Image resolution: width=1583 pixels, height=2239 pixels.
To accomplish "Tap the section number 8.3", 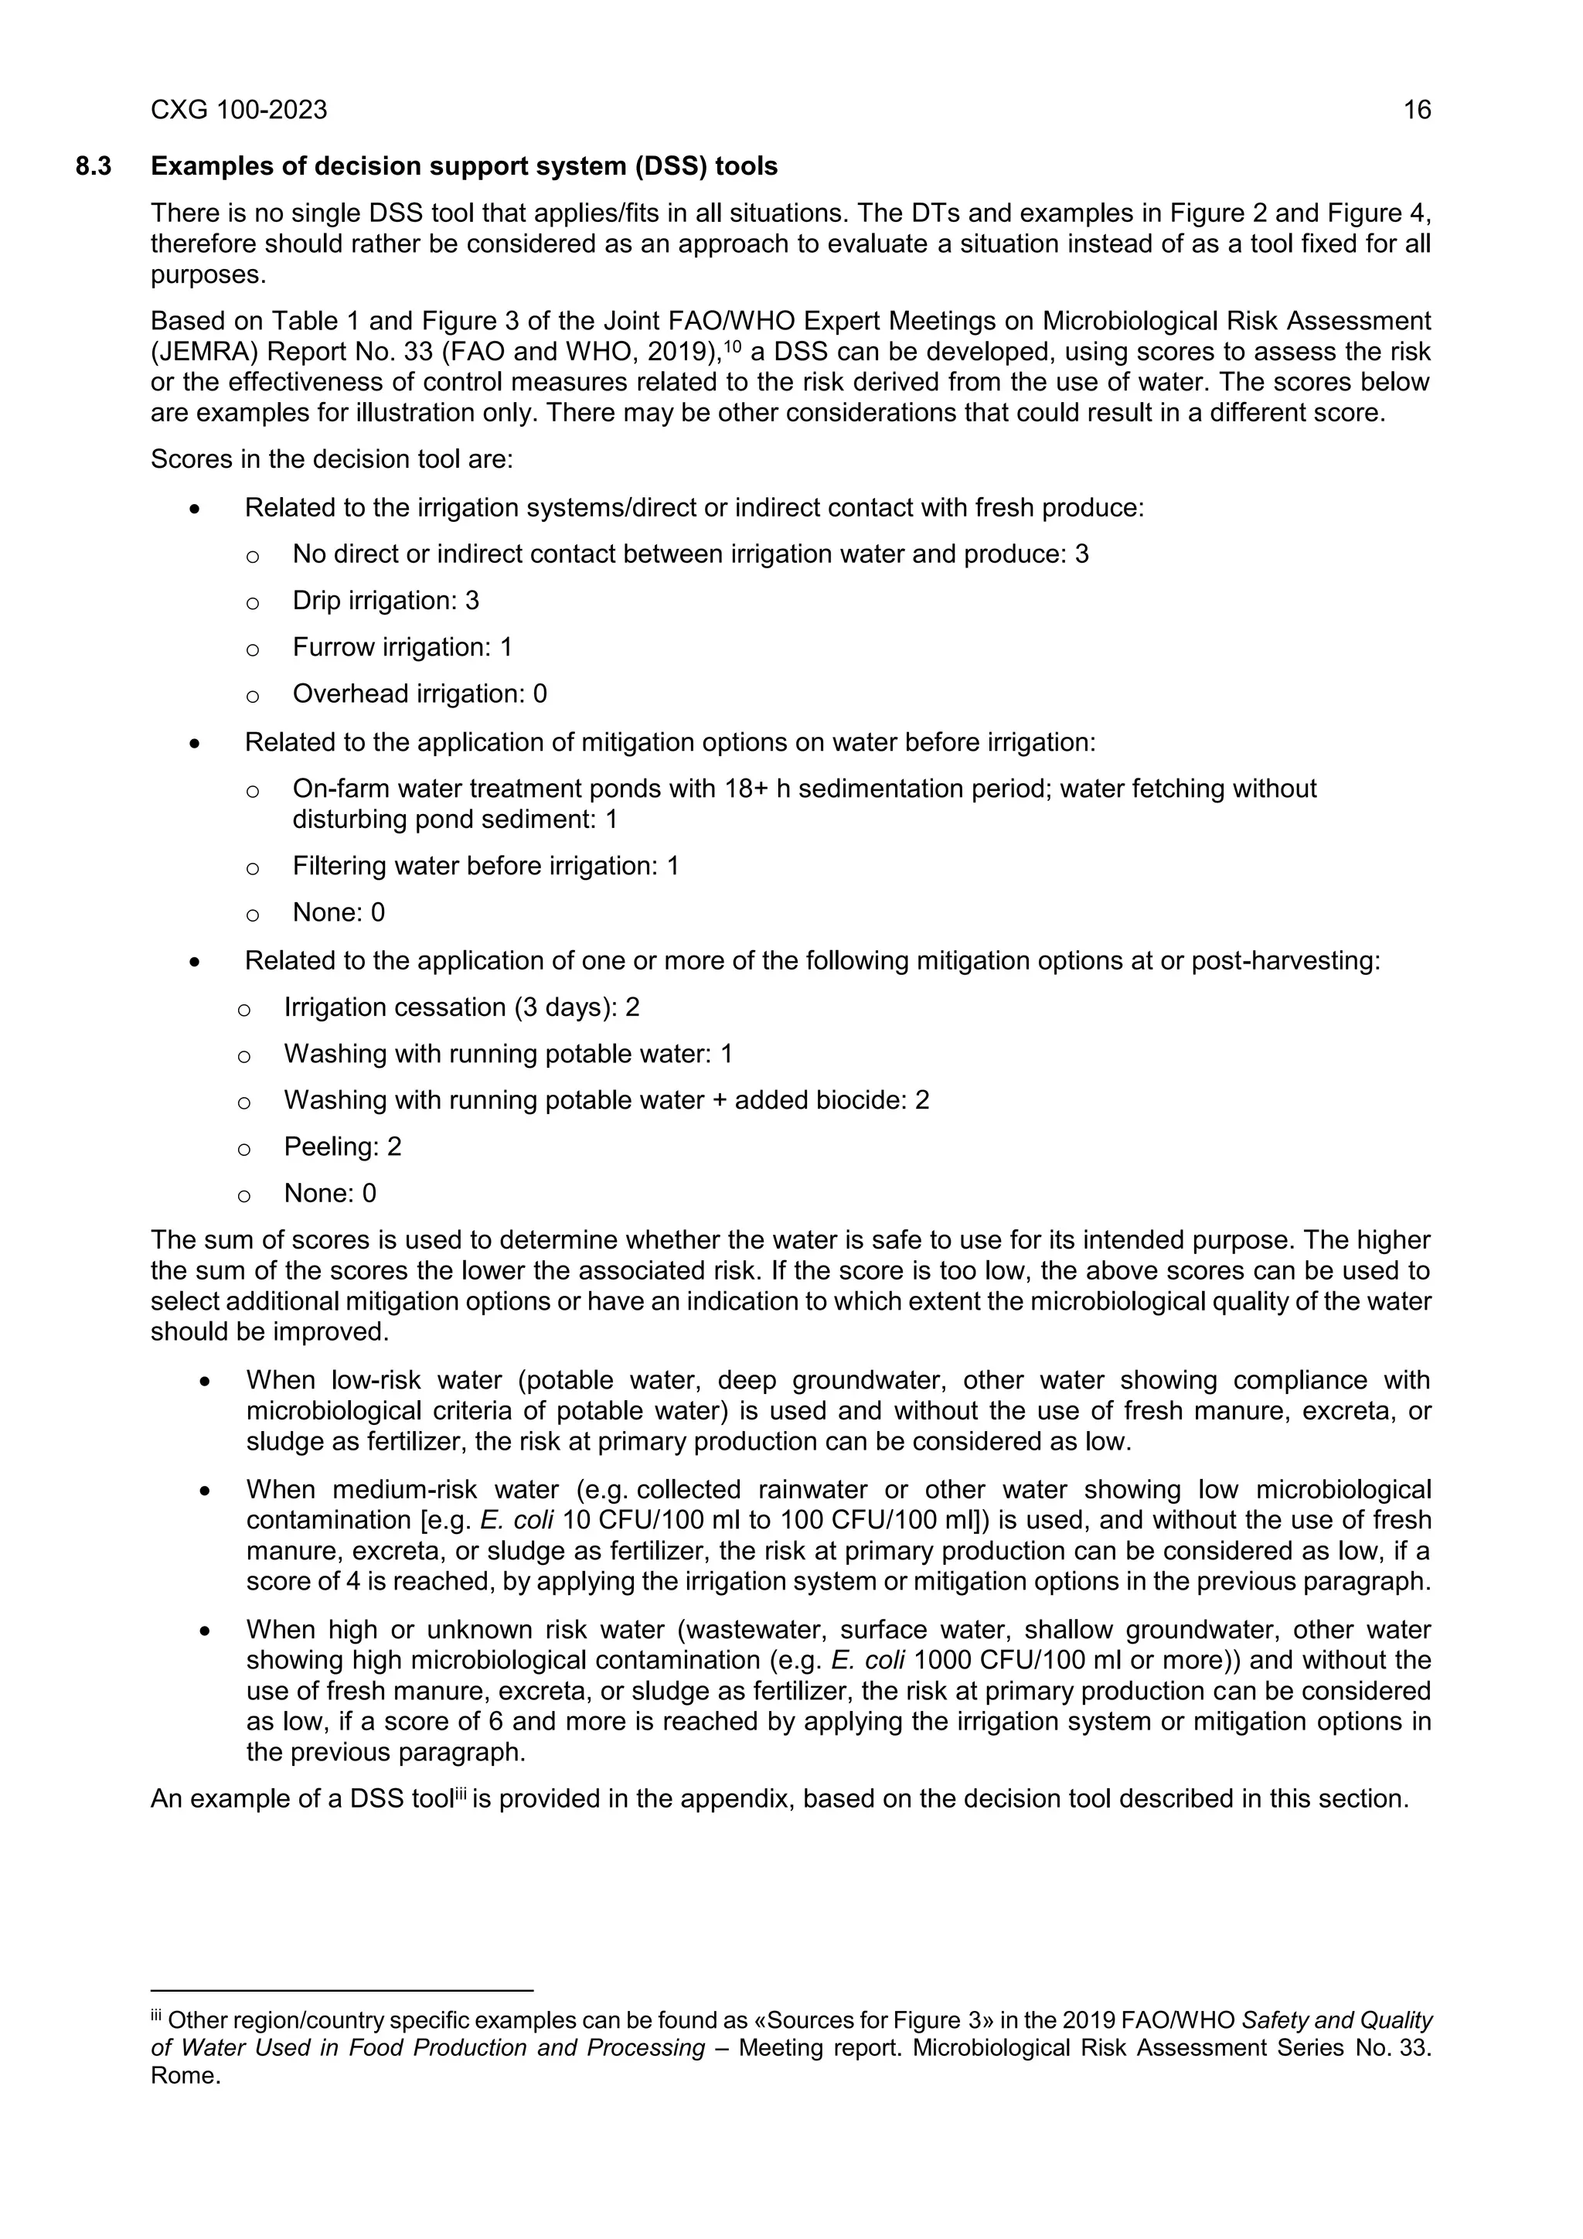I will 94,167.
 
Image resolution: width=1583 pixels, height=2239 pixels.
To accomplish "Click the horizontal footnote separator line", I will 341,1990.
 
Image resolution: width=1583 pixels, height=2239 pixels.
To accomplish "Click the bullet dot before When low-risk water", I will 204,1382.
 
